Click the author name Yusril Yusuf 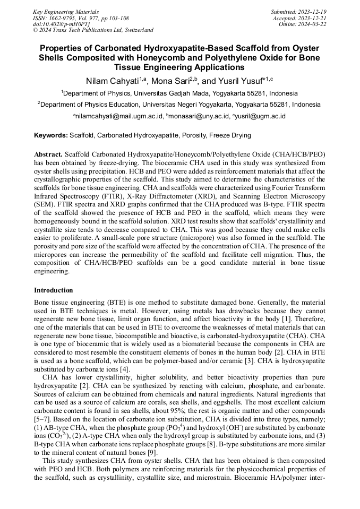pyautogui.click(x=238, y=81)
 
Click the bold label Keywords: pyautogui.click(x=51, y=136)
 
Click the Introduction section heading pyautogui.click(x=54, y=290)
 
